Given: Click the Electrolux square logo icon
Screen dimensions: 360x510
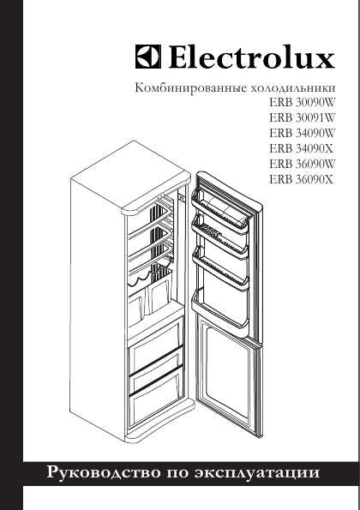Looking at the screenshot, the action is pos(148,57).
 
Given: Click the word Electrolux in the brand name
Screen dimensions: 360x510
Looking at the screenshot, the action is pos(252,57).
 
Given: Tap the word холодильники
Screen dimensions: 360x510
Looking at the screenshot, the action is pos(292,88).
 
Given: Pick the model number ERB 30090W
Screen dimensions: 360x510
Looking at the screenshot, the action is pos(302,103).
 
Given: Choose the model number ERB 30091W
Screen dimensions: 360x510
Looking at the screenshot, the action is pos(302,117).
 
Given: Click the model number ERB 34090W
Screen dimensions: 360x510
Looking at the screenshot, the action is pos(302,133).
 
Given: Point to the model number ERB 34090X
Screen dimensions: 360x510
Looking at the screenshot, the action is pos(301,148).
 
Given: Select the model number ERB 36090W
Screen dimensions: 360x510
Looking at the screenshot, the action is pos(302,164).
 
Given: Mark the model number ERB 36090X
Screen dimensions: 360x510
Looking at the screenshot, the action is pos(301,179).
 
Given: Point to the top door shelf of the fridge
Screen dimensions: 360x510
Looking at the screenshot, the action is pos(219,210).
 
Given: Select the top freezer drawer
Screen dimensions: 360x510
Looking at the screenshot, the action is pos(156,354).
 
